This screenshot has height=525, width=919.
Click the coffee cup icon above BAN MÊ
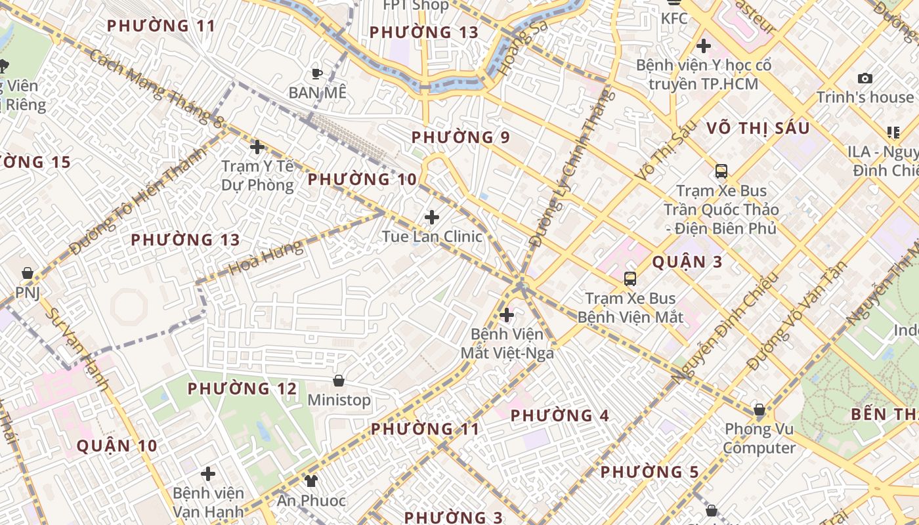coord(317,73)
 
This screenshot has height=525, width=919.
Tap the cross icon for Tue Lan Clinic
coord(432,217)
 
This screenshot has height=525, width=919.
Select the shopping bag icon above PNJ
coord(28,273)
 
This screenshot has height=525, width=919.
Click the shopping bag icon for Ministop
coord(339,381)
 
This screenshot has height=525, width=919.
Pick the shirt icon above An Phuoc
coord(311,481)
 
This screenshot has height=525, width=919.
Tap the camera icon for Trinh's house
coord(865,79)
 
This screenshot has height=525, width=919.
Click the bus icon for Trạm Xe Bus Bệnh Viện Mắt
coord(630,279)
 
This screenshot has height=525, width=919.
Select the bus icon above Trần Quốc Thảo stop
coord(721,171)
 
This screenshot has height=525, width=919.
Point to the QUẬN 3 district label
coord(687,262)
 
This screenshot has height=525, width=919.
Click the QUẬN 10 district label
coord(117,446)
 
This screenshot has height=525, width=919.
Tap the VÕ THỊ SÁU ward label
coord(758,129)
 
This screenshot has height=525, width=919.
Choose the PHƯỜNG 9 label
coord(460,138)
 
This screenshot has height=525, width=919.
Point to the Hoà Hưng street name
coord(267,257)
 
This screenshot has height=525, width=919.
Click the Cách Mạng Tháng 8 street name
coord(156,87)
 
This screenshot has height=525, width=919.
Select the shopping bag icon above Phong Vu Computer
coord(759,410)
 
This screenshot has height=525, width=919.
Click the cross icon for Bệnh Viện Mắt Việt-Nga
coord(506,315)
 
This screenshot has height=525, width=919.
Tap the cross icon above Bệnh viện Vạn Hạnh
coord(208,474)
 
